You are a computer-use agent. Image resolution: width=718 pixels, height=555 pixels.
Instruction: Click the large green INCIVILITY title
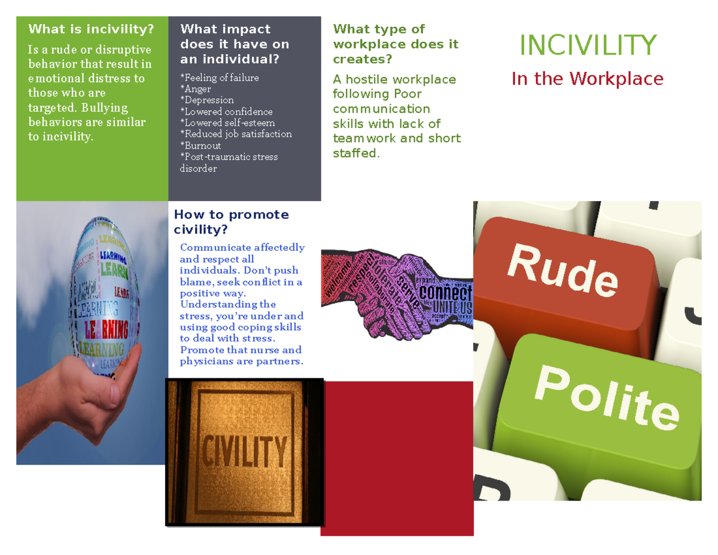pyautogui.click(x=588, y=46)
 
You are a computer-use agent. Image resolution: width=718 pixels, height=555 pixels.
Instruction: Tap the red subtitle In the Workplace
pyautogui.click(x=587, y=78)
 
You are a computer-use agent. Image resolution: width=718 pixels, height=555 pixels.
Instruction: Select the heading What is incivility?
pyautogui.click(x=91, y=29)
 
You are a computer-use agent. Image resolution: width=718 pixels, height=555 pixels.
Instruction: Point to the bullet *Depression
pyautogui.click(x=207, y=100)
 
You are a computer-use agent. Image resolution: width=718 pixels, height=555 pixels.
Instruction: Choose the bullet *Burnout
pyautogui.click(x=201, y=145)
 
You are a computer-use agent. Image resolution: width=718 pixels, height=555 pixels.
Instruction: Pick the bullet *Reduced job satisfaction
pyautogui.click(x=236, y=134)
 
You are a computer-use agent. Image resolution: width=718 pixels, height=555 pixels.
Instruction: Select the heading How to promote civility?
pyautogui.click(x=231, y=222)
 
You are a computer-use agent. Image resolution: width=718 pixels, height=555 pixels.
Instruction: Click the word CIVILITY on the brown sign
pyautogui.click(x=244, y=450)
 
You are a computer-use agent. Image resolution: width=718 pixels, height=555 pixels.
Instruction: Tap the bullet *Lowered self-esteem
pyautogui.click(x=227, y=123)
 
